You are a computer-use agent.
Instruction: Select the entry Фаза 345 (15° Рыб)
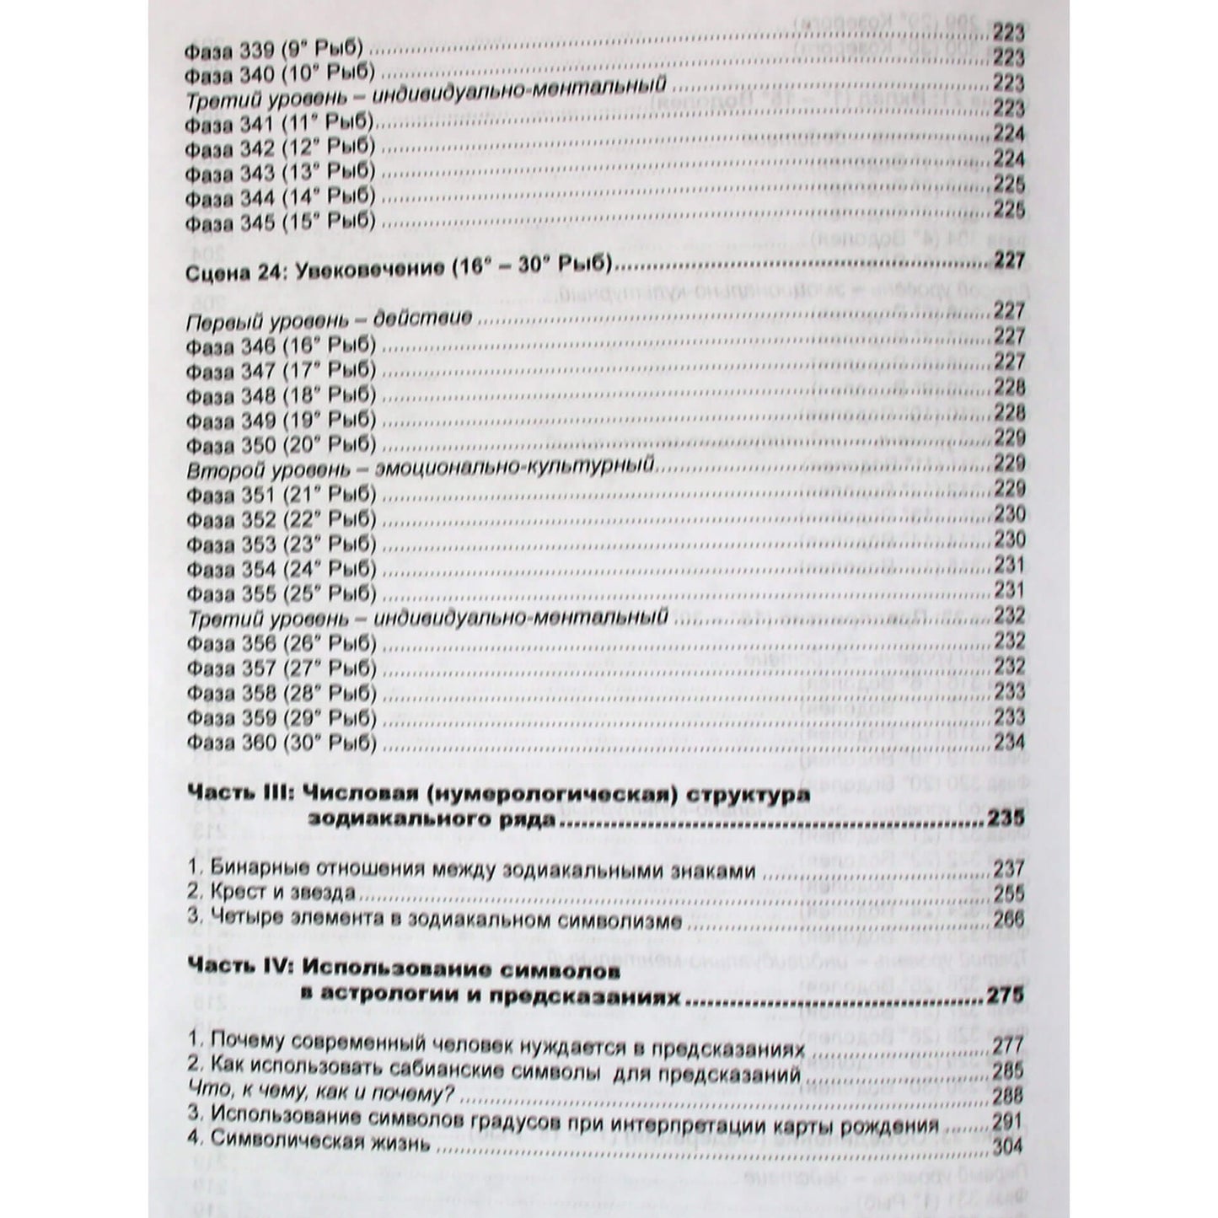(x=279, y=223)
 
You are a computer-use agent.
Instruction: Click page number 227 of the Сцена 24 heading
(x=1009, y=261)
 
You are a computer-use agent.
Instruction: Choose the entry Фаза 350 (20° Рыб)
(x=280, y=445)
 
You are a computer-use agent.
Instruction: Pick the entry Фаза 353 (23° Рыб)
(x=280, y=544)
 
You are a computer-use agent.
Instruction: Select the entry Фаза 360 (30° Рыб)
(x=280, y=743)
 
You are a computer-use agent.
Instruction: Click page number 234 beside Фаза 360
(x=1009, y=743)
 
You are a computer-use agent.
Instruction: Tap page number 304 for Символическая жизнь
(x=1006, y=1146)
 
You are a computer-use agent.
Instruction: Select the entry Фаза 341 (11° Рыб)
(x=279, y=123)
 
